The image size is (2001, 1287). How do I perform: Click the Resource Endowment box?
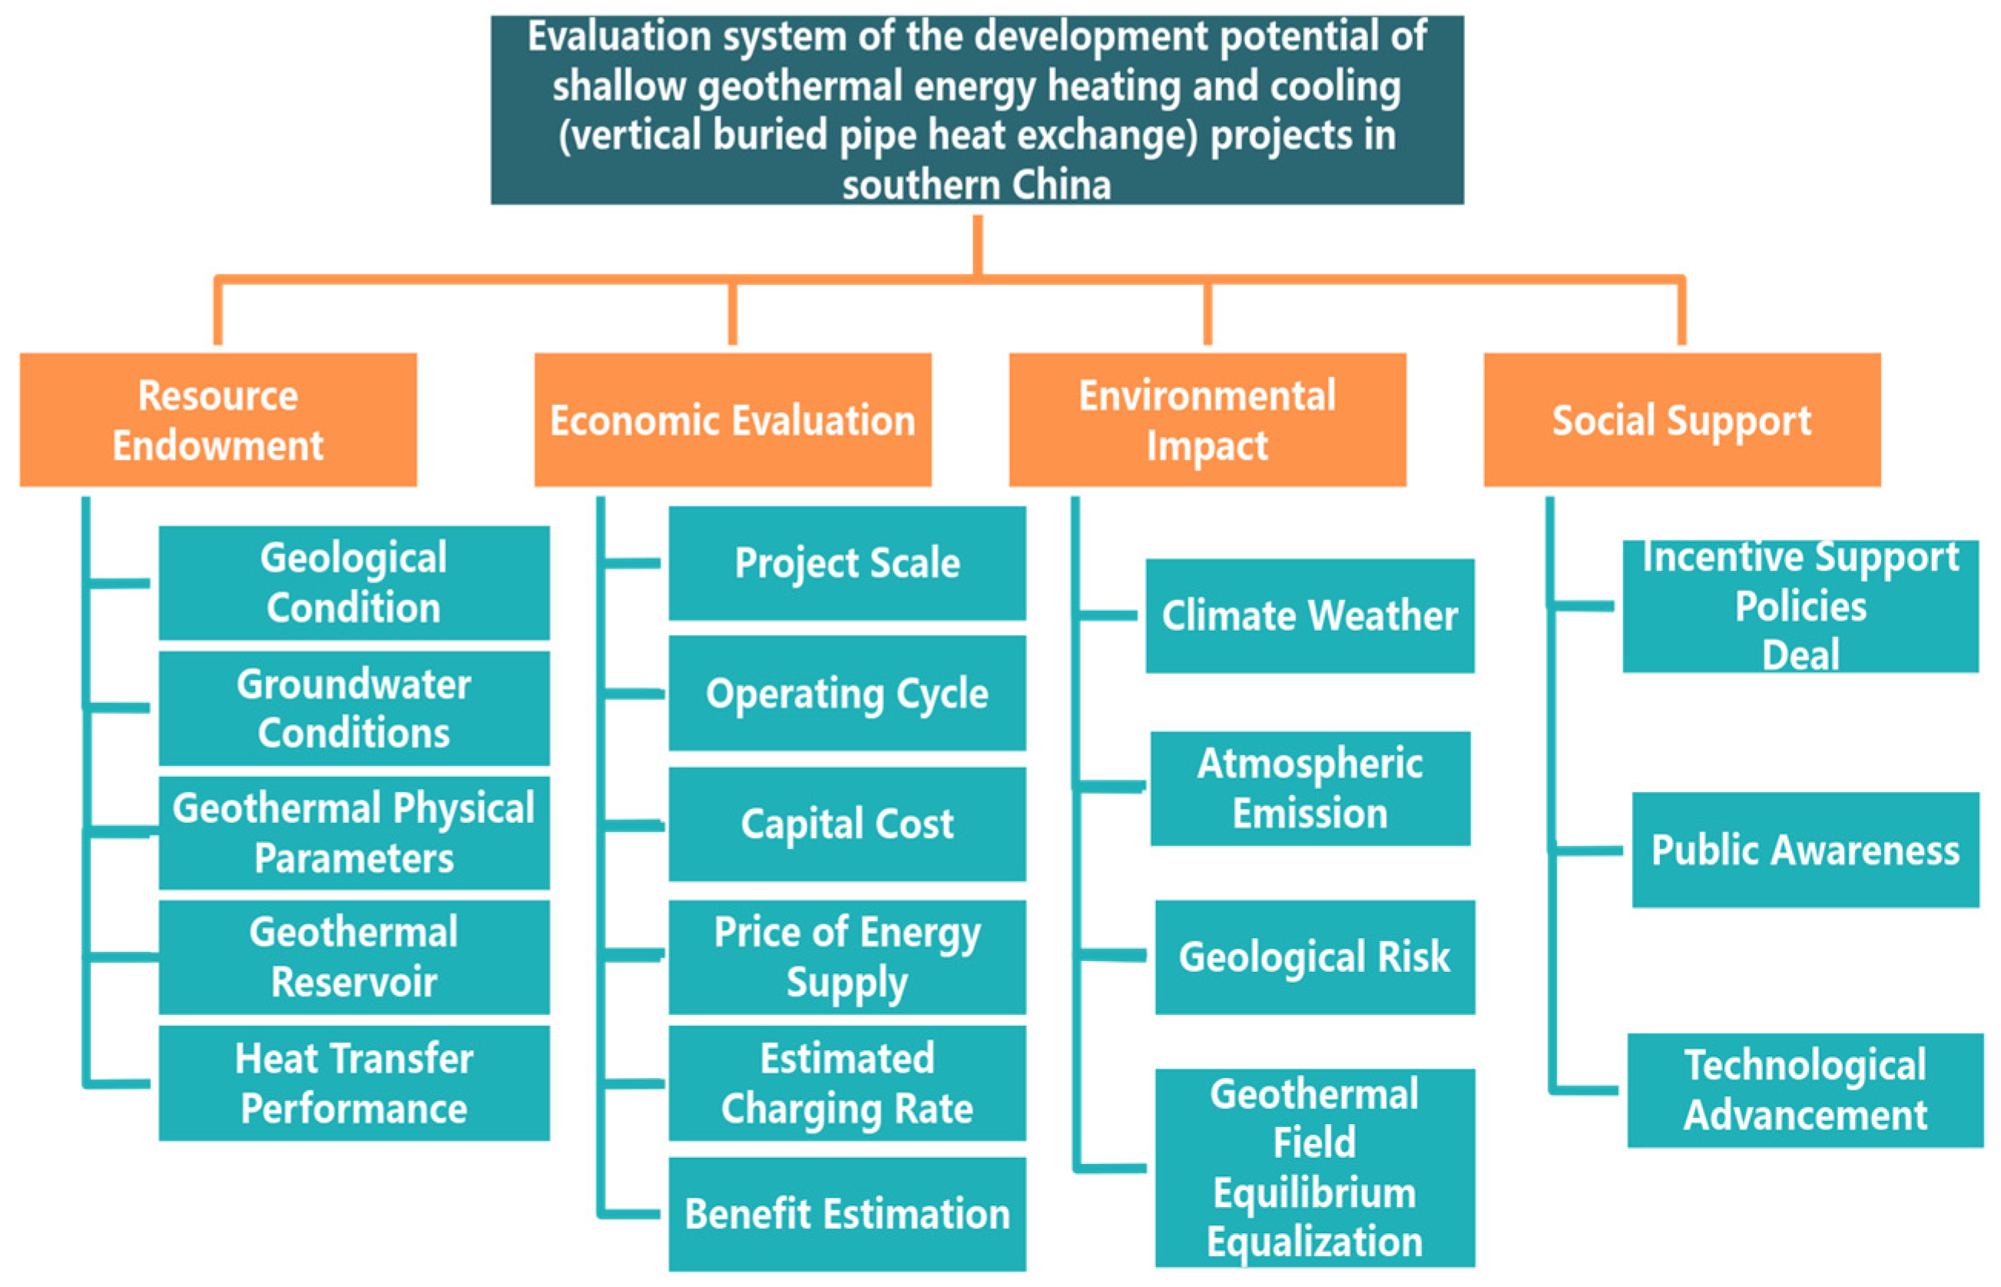[218, 420]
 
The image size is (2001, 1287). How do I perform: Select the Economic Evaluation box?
[733, 420]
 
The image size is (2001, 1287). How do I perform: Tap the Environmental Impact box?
[1208, 420]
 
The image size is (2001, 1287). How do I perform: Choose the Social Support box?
[1682, 420]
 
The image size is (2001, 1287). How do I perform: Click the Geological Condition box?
[354, 582]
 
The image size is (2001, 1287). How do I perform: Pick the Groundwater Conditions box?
[354, 708]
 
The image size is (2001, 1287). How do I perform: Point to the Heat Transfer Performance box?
[354, 1083]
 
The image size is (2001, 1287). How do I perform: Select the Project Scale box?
[847, 563]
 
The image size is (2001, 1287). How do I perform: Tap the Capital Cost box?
[847, 824]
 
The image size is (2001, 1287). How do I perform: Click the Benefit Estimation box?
[847, 1214]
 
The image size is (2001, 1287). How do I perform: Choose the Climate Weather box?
[1310, 616]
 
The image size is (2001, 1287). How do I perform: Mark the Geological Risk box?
[1315, 957]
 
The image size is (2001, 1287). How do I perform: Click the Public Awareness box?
[1805, 850]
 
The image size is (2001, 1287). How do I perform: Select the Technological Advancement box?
[1805, 1090]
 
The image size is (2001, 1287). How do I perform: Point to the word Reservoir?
[354, 982]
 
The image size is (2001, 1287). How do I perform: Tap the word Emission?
[1310, 813]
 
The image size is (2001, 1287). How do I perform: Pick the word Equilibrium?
[1315, 1192]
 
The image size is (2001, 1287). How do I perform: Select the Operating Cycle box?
[847, 693]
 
